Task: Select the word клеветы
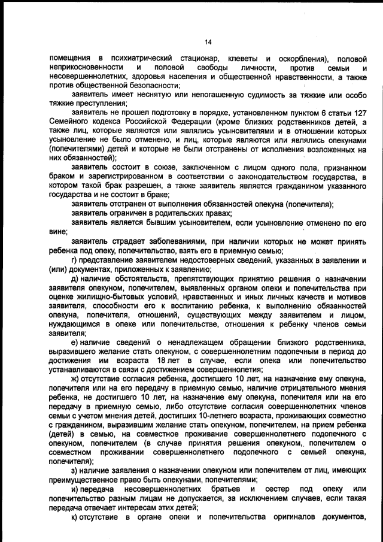click(x=236, y=59)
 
